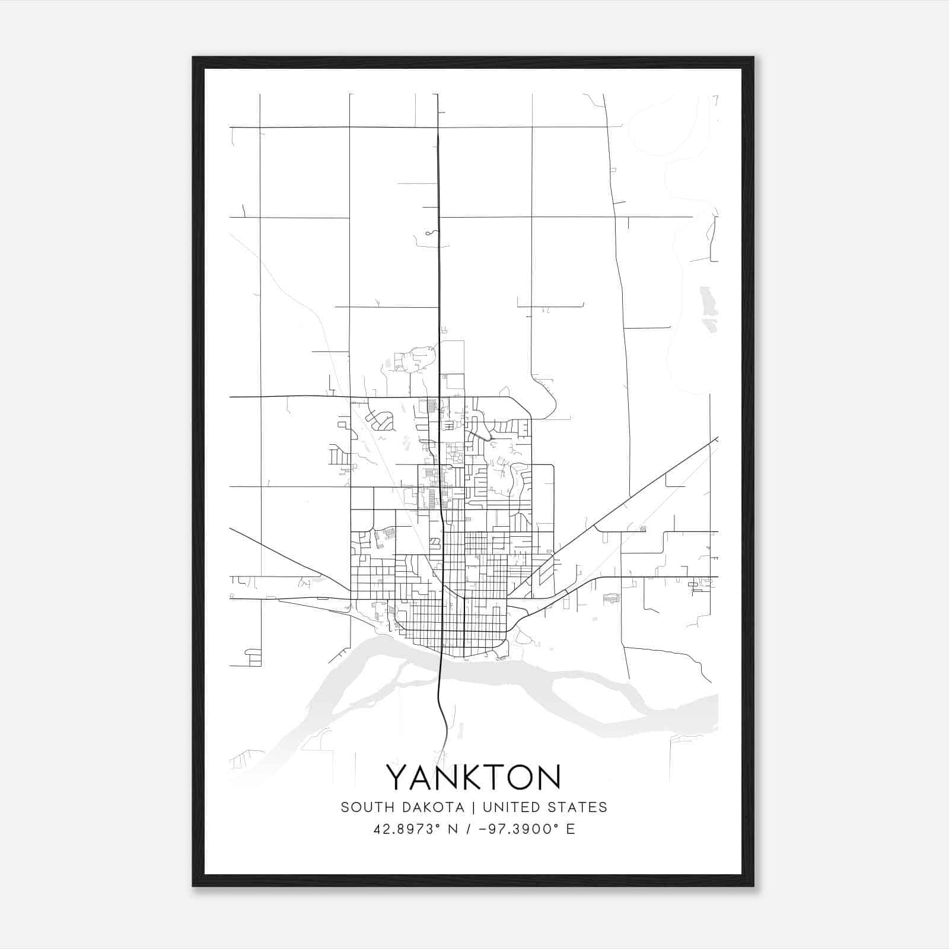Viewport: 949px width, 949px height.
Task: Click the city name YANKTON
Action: (473, 777)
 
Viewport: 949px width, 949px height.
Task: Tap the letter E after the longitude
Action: (571, 829)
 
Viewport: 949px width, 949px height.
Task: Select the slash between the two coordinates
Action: (470, 829)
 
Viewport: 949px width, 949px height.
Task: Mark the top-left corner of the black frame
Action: (193, 58)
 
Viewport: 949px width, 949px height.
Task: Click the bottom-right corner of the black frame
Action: (753, 886)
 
